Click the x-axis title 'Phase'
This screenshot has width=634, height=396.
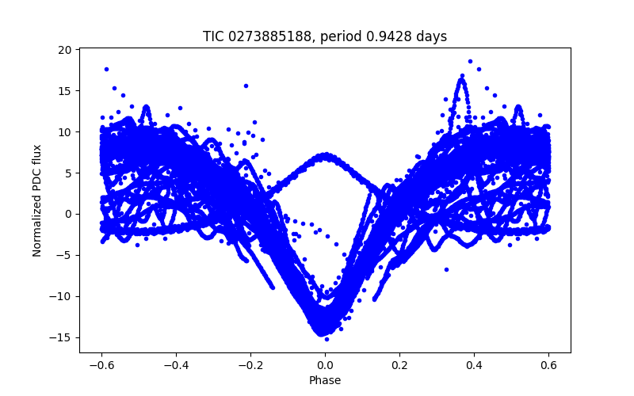click(325, 380)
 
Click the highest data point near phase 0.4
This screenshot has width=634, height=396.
click(470, 61)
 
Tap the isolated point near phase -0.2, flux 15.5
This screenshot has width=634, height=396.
click(246, 86)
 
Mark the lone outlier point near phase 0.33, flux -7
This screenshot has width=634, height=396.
click(446, 269)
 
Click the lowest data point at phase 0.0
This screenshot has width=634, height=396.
click(327, 339)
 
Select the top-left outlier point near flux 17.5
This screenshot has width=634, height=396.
click(106, 69)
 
